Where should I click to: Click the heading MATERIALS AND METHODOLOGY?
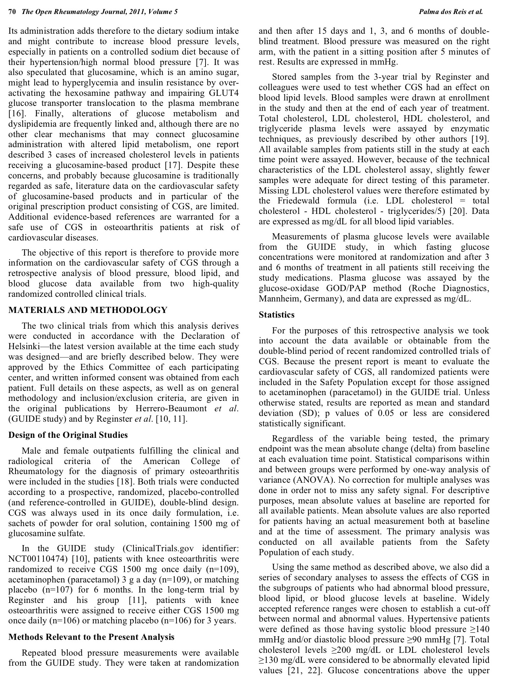click(x=88, y=310)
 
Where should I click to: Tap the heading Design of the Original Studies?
click(x=68, y=435)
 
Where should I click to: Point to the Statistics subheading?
click(x=277, y=315)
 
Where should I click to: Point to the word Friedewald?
click(x=299, y=201)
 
